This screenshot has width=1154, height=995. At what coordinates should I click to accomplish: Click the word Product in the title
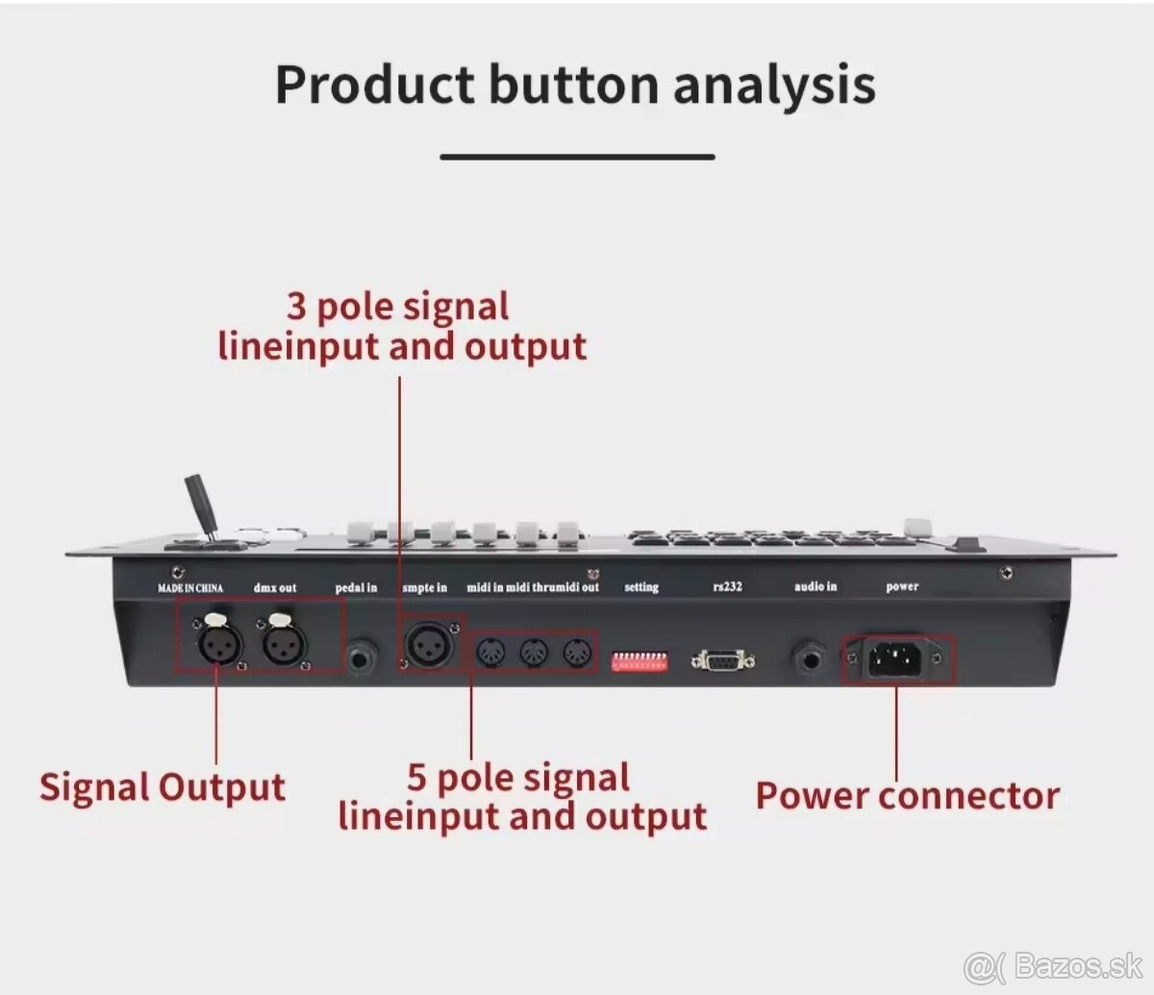coord(376,85)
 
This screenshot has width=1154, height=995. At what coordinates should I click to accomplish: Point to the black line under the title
coord(577,157)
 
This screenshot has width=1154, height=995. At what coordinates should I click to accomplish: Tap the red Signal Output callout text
coord(163,787)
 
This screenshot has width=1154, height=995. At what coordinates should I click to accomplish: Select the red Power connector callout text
coord(907,796)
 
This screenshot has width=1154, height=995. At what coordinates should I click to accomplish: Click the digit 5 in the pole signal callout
coord(416,777)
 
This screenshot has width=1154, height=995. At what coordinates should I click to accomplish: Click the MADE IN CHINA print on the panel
coord(190,587)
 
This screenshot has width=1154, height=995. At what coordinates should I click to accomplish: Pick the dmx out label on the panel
coord(275,587)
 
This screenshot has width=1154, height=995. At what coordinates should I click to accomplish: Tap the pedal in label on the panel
coord(356,587)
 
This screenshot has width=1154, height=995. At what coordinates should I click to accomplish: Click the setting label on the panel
coord(641,586)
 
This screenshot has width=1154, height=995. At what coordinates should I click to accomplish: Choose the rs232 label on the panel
coord(727,586)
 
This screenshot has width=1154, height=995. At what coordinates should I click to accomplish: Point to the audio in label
coord(815,586)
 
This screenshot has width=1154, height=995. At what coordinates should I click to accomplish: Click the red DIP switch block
coord(640,661)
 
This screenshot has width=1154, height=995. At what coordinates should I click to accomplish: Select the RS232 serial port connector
coord(722,660)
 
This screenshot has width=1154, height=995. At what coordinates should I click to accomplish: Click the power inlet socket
coord(896,659)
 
